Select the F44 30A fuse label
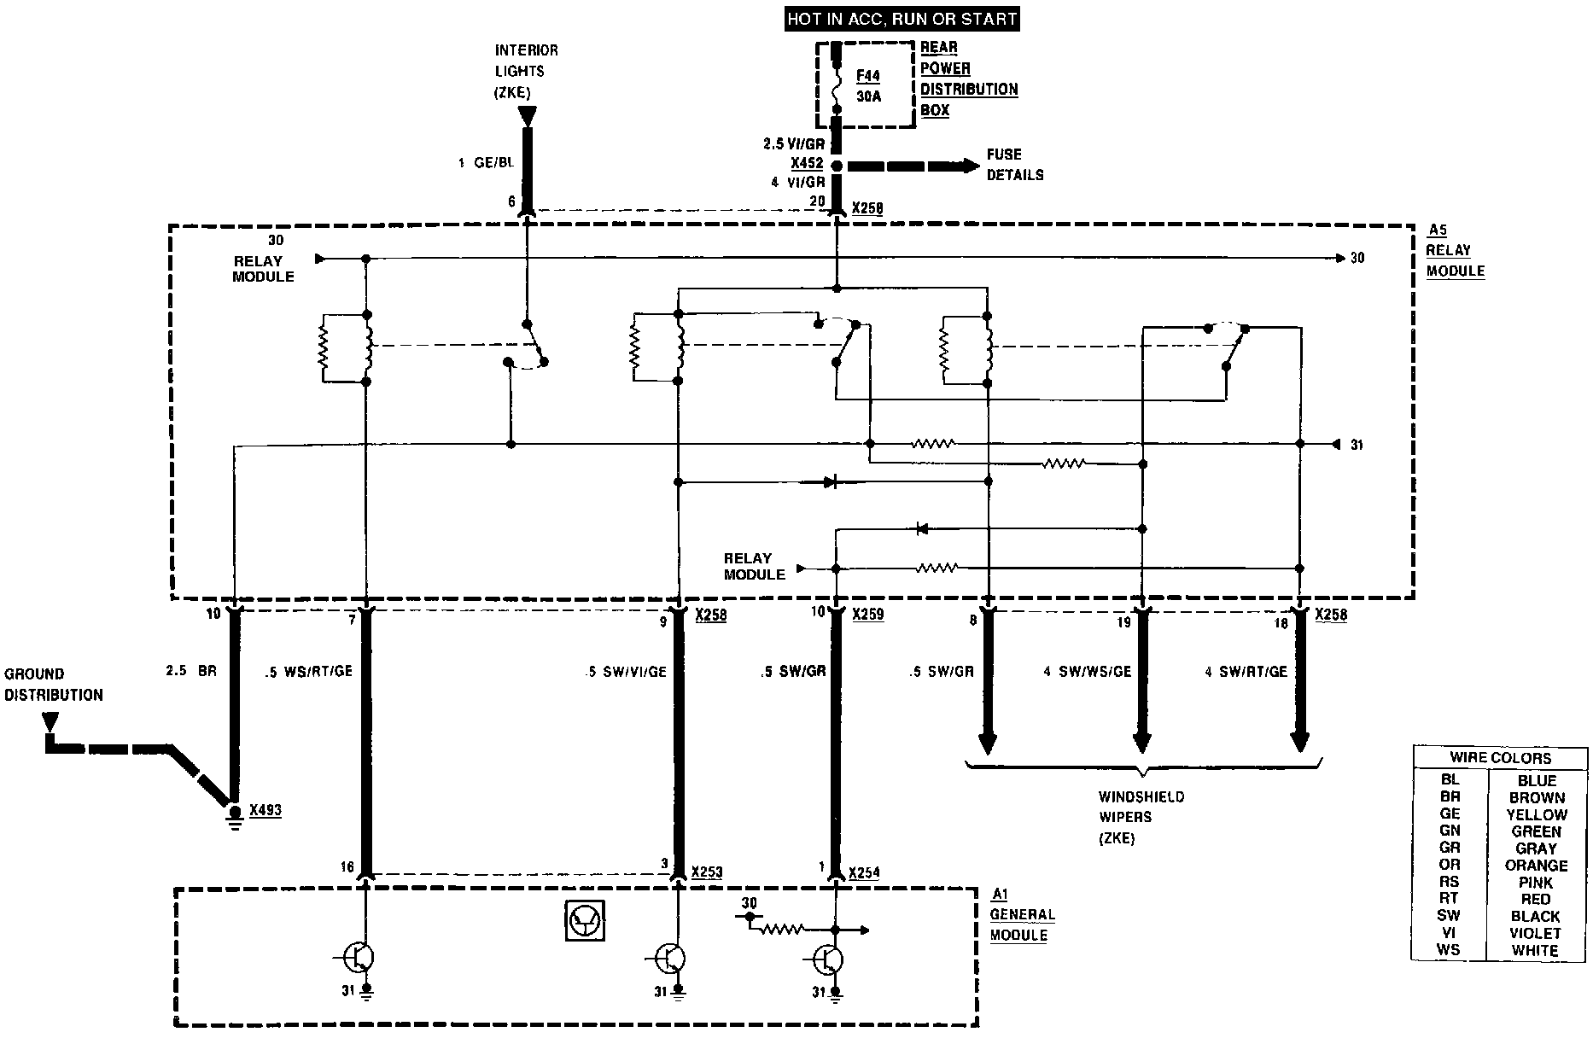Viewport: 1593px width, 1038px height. point(868,86)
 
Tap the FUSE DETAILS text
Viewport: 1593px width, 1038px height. point(1014,165)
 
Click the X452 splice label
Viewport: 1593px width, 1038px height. point(806,163)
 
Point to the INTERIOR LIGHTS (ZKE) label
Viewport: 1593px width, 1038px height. point(526,72)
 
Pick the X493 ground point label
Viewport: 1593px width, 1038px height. point(265,809)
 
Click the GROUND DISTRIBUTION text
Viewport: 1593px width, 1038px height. point(53,685)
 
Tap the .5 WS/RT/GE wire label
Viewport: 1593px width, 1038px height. point(308,671)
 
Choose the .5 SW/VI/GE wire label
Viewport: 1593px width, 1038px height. point(626,671)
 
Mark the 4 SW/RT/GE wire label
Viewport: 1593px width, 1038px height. point(1246,672)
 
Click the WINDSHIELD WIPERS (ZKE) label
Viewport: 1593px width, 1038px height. point(1141,817)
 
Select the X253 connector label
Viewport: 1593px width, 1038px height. point(708,872)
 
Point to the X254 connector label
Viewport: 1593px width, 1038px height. point(864,872)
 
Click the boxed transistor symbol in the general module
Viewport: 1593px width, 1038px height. point(586,919)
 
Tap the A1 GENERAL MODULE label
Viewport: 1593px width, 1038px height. point(1022,914)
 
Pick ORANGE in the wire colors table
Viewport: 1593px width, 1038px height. point(1536,865)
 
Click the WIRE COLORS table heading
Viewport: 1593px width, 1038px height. point(1499,757)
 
